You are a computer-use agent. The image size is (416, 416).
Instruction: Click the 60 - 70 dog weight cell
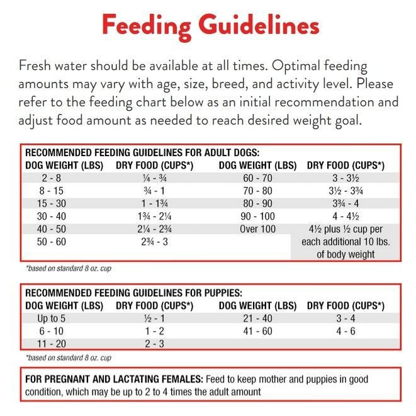[257, 179]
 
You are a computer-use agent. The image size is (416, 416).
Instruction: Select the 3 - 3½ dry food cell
[346, 179]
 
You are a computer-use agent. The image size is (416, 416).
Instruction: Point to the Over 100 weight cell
[257, 229]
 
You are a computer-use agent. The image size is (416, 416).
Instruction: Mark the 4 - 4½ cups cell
[346, 216]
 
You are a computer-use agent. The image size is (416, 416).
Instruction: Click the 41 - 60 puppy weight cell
[257, 331]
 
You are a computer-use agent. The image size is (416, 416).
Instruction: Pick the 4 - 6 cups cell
[346, 331]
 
